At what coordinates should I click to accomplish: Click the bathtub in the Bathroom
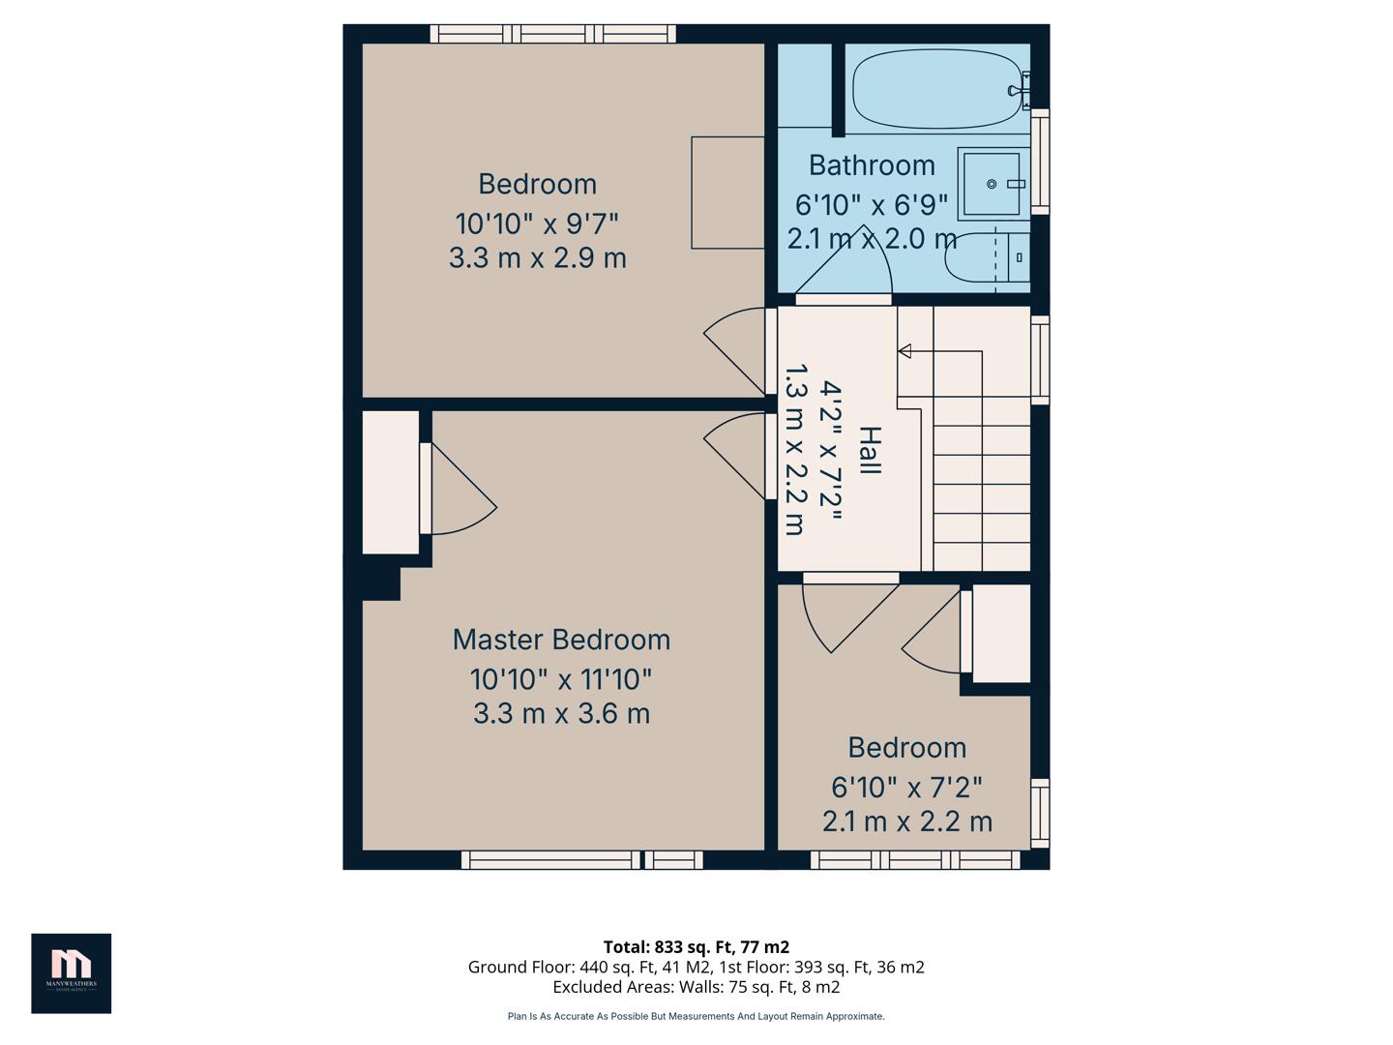coord(936,89)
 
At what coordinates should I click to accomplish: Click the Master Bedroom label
coord(561,640)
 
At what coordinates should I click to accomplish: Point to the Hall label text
coord(870,450)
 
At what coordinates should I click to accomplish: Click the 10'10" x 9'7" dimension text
coord(537,224)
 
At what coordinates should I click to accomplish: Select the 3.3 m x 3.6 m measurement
coord(561,714)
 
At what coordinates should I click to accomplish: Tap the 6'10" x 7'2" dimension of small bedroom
coord(906,788)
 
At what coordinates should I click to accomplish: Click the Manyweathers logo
coord(71,972)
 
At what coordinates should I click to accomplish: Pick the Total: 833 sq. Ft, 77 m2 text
coord(696,946)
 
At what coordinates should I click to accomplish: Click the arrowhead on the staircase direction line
coord(904,351)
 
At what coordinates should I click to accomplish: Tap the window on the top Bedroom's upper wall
coord(552,34)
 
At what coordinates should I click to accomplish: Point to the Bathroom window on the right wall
coord(1040,162)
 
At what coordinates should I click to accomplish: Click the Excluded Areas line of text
coord(696,987)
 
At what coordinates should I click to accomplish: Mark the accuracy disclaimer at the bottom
coord(696,1016)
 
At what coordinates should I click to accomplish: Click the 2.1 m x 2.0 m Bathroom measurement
coord(871,239)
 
